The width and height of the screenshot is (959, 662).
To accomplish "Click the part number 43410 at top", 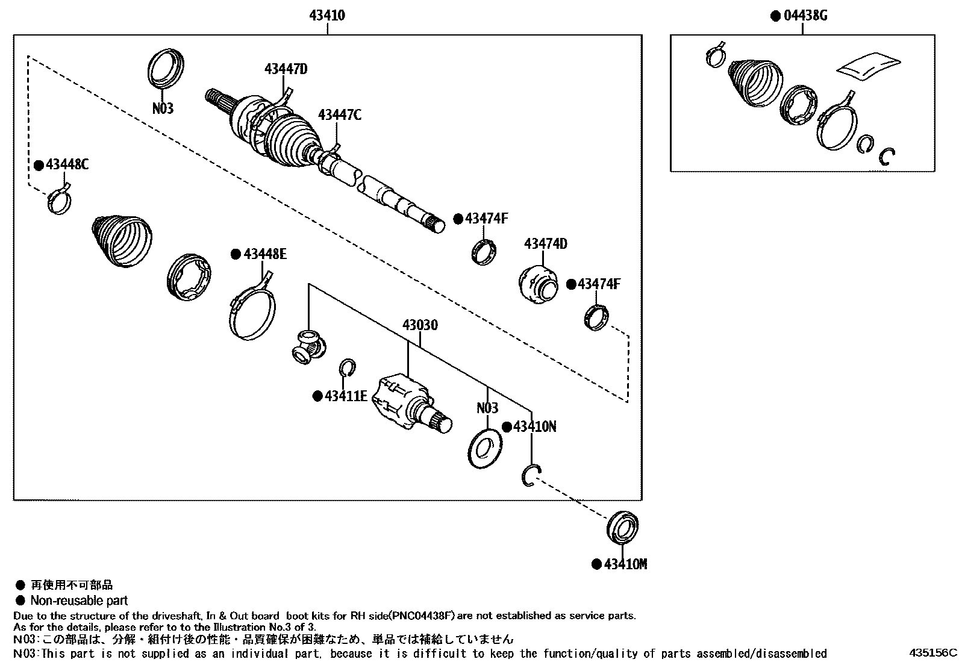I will coord(327,15).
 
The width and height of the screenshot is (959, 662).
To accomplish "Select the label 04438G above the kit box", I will coord(805,15).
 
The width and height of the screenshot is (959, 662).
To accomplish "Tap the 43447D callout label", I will coord(286,69).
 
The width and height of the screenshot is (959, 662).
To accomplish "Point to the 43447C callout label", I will coord(340,114).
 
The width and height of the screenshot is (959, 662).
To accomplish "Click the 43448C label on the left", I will coord(67,164).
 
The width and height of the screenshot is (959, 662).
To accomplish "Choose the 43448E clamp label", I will coord(265,254).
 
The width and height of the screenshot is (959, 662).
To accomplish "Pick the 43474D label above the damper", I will coord(546,244).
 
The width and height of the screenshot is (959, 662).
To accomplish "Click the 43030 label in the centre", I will coord(420,326).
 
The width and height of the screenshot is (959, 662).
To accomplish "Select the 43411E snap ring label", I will coord(346,396).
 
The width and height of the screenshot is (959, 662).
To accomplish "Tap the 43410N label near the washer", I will coord(534,427).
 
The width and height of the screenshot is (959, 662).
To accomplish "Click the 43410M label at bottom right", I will coord(625,564).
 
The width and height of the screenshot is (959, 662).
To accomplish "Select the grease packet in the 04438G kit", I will coord(867,65).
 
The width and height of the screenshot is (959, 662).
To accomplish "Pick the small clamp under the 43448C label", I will coord(60,200).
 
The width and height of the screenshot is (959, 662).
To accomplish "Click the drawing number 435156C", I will coord(932,652).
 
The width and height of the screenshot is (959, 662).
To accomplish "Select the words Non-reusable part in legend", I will coord(79,601).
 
